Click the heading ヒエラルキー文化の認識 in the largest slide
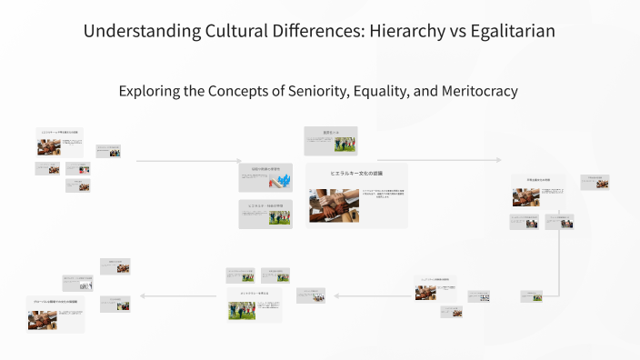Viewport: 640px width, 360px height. (x=356, y=172)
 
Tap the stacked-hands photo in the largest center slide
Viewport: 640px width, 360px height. (x=334, y=205)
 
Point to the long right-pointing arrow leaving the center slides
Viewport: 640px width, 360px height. (x=436, y=160)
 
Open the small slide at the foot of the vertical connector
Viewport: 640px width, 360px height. (x=532, y=296)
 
